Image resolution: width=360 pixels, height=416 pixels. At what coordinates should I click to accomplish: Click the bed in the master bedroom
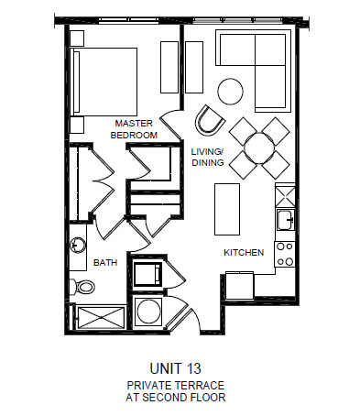point(104,80)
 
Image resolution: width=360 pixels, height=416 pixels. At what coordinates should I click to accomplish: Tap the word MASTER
point(134,123)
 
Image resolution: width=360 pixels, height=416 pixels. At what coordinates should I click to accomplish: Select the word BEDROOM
point(134,135)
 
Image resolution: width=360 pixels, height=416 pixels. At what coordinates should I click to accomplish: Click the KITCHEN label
point(244,252)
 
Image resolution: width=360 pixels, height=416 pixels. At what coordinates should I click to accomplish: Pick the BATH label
point(105,263)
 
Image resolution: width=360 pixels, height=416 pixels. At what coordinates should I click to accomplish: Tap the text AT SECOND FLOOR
point(176,400)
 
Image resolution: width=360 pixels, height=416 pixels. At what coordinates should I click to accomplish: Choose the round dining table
point(259,147)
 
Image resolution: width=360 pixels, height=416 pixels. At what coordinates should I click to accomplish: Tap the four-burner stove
point(285,253)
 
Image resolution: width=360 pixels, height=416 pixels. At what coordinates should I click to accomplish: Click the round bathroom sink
point(79,246)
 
